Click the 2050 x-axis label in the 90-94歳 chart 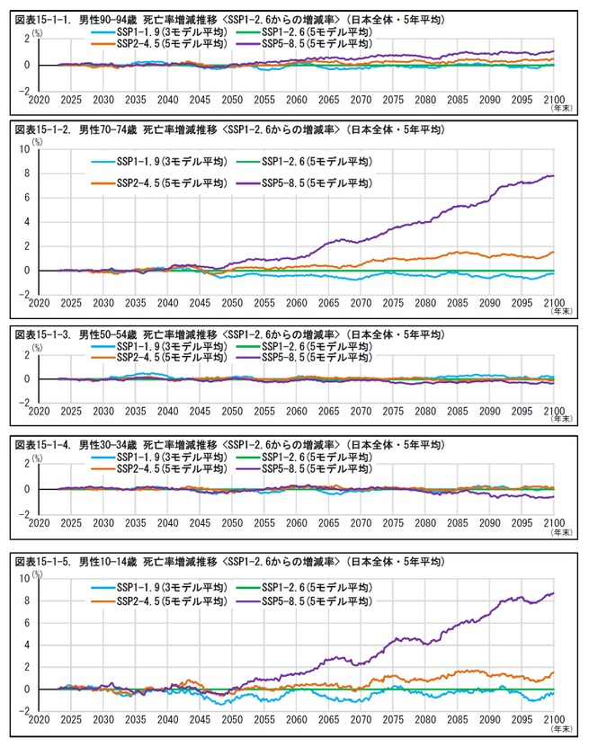[232, 101]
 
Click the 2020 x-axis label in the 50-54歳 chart [40, 414]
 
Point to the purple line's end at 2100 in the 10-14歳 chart [552, 593]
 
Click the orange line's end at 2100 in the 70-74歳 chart [552, 253]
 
